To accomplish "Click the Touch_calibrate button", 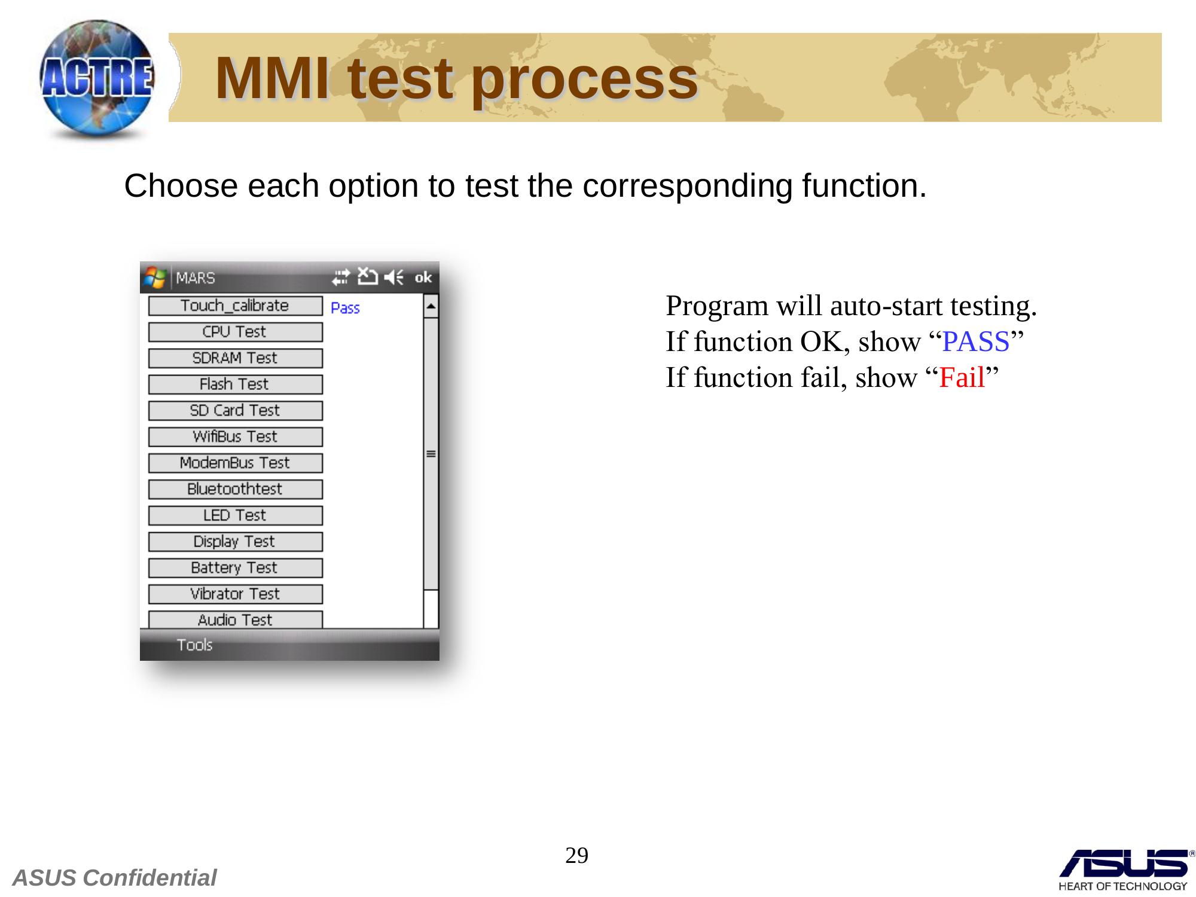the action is pos(235,306).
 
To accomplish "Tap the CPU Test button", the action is pos(235,332).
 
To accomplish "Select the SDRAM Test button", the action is pos(235,358).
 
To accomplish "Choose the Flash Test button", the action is pos(235,385).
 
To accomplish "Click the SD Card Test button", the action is pos(235,411).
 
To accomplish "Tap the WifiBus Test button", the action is pos(235,437).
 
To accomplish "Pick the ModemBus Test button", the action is pos(235,463).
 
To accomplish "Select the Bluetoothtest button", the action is pos(235,489).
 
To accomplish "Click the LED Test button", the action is pos(235,515).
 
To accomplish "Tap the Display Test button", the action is pos(235,542).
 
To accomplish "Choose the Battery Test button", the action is pos(235,568).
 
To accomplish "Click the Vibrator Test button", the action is pos(235,594).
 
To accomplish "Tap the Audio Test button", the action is pos(235,620).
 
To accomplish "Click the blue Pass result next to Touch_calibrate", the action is pos(345,308).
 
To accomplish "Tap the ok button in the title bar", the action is pos(423,277).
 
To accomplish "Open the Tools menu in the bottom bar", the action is pos(194,645).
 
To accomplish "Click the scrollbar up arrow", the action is pos(431,307).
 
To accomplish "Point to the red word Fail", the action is pos(962,378).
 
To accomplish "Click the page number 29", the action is pos(577,856).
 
